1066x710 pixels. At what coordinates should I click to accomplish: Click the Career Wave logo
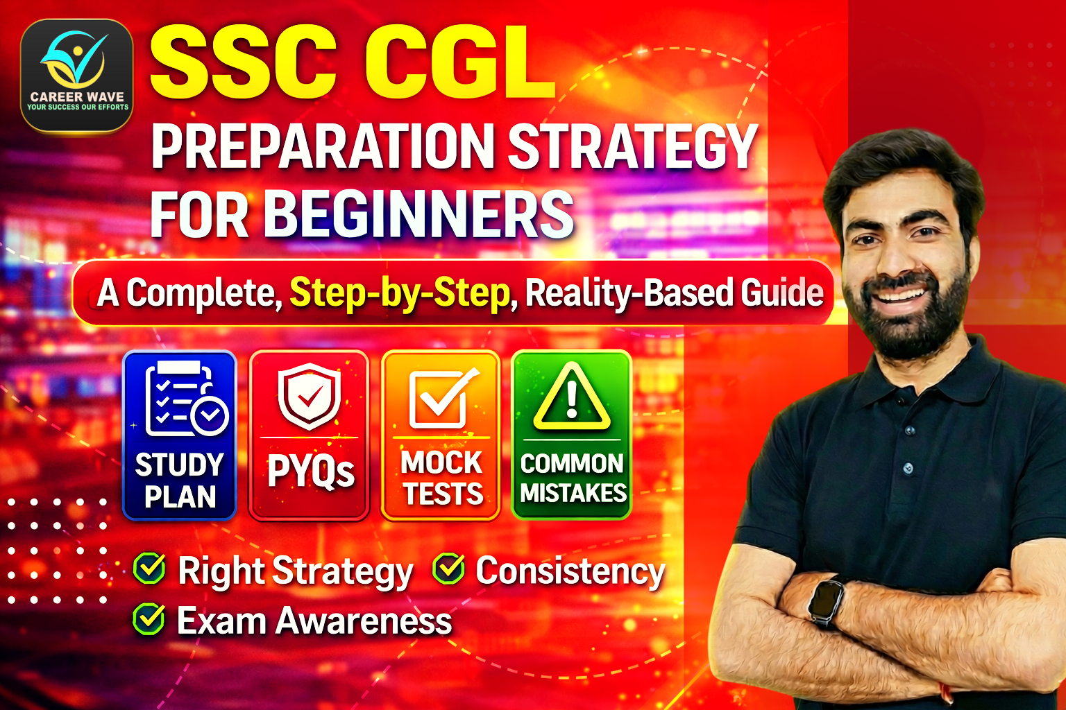point(76,75)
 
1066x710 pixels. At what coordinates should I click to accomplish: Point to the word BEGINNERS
point(418,214)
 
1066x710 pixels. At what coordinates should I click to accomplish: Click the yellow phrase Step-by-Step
point(400,293)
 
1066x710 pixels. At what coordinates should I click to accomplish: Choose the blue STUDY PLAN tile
point(180,435)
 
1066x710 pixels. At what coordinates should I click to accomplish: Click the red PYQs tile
point(309,435)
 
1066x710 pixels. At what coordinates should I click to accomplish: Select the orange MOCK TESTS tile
point(441,435)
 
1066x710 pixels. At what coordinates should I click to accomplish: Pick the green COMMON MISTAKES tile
point(572,435)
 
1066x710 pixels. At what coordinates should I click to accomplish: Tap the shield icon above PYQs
point(310,395)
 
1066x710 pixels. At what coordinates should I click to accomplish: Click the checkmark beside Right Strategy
point(149,570)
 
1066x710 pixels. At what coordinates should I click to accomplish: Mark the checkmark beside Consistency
point(448,570)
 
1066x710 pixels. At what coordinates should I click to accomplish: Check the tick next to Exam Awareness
point(149,620)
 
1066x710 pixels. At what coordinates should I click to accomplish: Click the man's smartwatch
point(826,600)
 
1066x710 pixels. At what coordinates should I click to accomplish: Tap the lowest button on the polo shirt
point(908,469)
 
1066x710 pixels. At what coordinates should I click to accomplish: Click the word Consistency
point(570,572)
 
